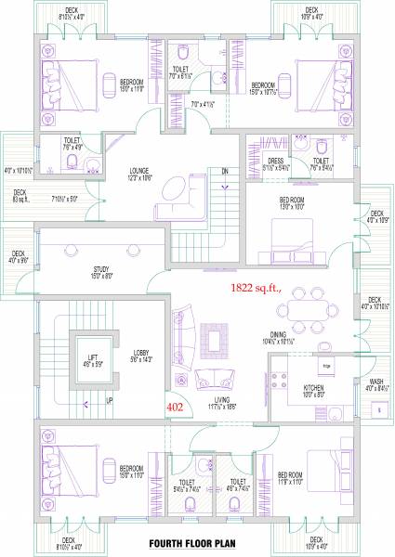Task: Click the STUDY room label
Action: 101,269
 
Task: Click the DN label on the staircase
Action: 224,171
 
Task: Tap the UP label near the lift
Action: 110,402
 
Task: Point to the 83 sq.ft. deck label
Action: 20,197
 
